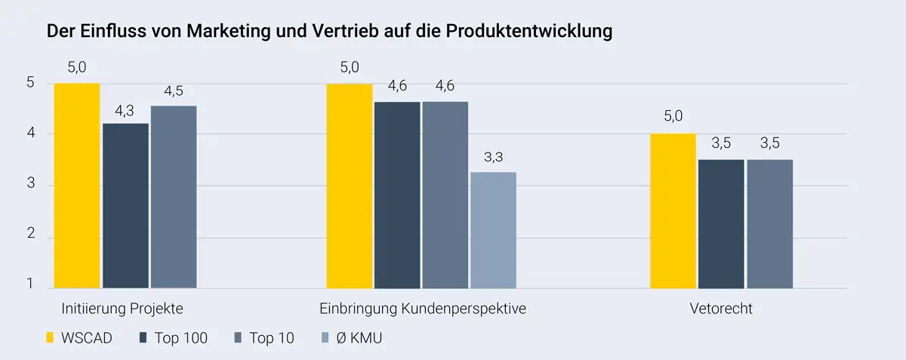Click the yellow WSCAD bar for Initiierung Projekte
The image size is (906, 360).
76,186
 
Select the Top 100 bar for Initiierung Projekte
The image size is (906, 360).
125,205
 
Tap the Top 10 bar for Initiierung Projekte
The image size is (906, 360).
174,197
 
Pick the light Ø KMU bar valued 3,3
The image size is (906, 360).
493,230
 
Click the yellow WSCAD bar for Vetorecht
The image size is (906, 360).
673,211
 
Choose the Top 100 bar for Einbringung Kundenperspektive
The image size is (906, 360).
397,195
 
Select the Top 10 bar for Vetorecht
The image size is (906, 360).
769,223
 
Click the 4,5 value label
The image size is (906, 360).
174,91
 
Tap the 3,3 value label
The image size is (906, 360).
493,158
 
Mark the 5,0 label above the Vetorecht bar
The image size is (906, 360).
673,116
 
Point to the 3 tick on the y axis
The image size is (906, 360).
31,186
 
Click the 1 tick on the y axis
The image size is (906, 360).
31,285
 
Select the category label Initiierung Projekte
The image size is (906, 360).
122,309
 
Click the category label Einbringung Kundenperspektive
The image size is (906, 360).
422,309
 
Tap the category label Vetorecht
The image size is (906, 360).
721,309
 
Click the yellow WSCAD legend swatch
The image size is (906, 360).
51,337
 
